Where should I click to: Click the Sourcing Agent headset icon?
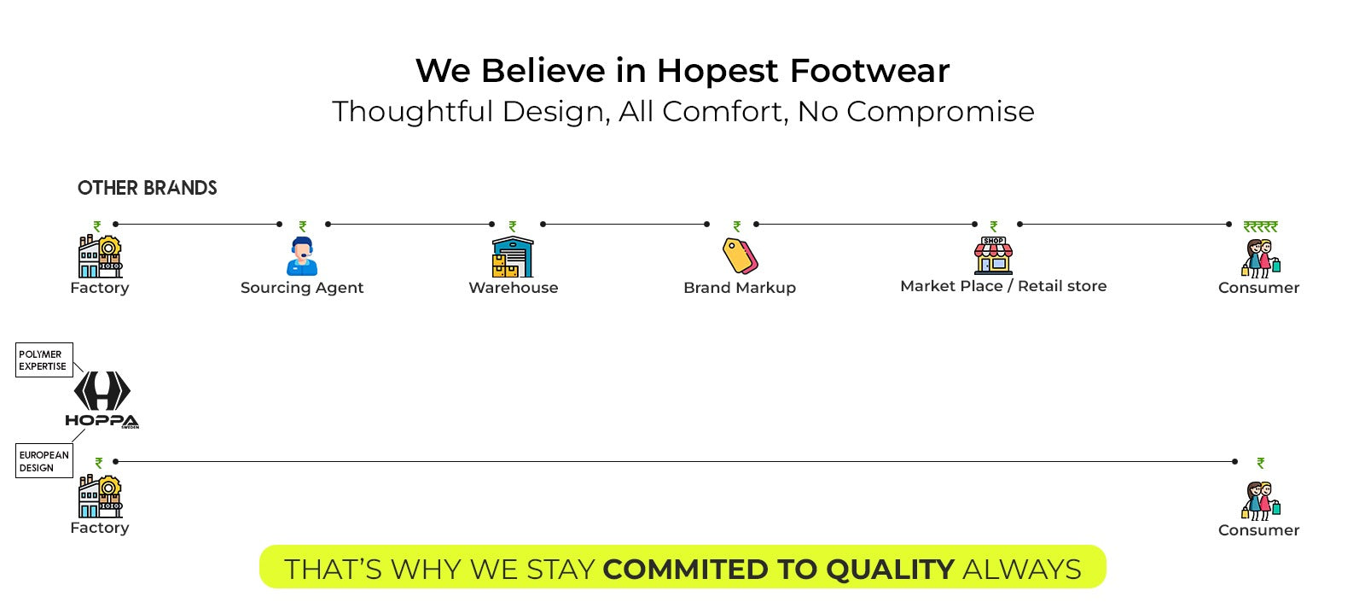coord(302,256)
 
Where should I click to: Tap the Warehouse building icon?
coord(513,257)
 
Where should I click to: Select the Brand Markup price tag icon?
coord(740,255)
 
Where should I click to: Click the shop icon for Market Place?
coord(993,255)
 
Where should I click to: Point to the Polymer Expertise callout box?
coord(44,360)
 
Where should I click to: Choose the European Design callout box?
coord(44,460)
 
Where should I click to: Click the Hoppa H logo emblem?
coord(102,391)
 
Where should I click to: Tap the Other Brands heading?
coord(147,188)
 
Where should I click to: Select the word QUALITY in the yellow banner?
coord(891,569)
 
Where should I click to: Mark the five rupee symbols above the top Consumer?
coord(1260,227)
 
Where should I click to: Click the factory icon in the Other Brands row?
coord(100,257)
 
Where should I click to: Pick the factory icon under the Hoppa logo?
coord(100,496)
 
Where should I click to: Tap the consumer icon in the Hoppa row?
coord(1261,500)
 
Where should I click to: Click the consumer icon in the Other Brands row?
coord(1261,259)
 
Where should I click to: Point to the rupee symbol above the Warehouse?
coord(513,226)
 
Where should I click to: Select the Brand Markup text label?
coord(740,288)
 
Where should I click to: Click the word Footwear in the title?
coord(869,71)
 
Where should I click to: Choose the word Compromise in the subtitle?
coord(940,112)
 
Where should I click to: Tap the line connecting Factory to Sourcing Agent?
coord(197,225)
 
